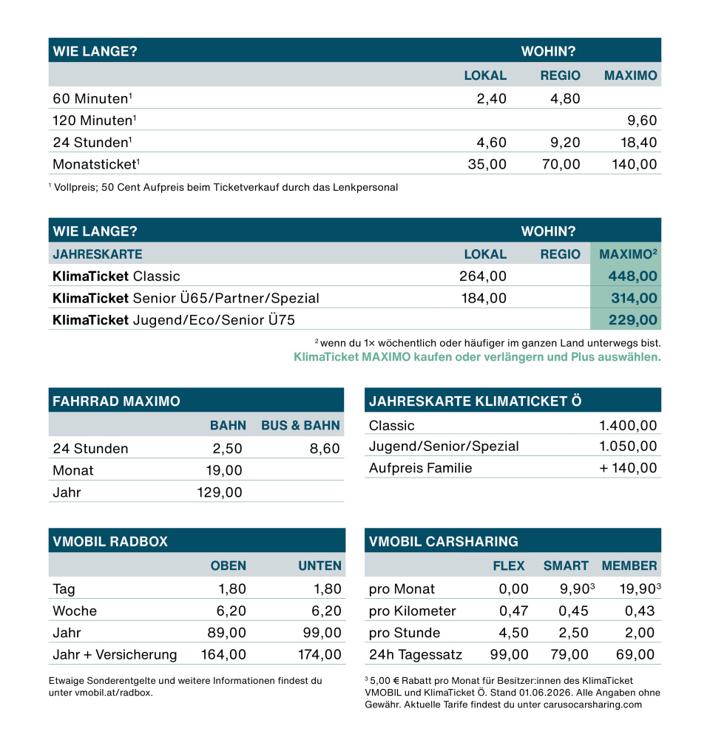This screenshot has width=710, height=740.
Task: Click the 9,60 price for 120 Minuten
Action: coord(642,120)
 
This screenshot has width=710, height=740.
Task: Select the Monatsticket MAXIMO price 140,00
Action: coord(635,164)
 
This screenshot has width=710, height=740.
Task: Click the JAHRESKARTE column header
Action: coord(97,254)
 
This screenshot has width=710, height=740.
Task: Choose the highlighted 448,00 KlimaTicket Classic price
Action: coord(632,276)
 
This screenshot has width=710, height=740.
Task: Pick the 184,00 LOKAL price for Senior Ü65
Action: coord(483,299)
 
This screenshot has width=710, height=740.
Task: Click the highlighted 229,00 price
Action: coord(632,321)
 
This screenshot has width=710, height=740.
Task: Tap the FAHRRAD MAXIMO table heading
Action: coord(116,401)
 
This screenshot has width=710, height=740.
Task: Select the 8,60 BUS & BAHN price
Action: coord(325,449)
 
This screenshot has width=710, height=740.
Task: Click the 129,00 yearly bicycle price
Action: coord(219,492)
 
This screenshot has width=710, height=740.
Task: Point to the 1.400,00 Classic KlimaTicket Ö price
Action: coord(627,425)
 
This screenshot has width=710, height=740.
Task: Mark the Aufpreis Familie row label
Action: coord(420,468)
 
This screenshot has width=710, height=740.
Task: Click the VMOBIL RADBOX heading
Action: coord(110,541)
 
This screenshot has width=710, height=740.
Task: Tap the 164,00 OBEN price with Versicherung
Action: coord(223,655)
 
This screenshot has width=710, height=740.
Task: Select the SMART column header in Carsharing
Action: coord(566,566)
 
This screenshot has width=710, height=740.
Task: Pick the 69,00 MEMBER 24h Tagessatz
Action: coord(635,655)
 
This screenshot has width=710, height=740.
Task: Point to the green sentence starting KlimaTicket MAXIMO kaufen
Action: coord(477,357)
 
